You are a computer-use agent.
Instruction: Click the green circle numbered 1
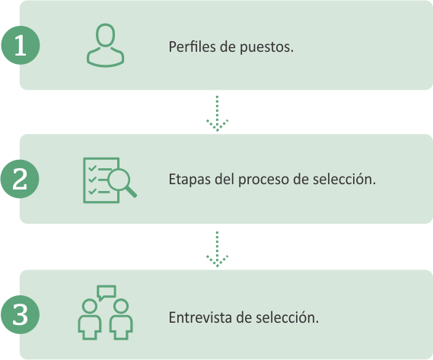(x=21, y=46)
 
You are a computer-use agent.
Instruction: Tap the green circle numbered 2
(x=20, y=179)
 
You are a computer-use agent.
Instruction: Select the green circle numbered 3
(x=20, y=314)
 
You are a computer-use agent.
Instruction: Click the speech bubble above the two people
(x=107, y=292)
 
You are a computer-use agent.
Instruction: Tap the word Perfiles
(x=193, y=46)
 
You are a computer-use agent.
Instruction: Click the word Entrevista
(x=200, y=317)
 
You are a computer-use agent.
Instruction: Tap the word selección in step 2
(x=344, y=179)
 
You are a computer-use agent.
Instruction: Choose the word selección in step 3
(x=287, y=317)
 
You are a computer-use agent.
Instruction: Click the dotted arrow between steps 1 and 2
(x=217, y=113)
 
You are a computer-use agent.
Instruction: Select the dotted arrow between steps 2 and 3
(x=217, y=249)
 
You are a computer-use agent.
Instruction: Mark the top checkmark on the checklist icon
(x=92, y=168)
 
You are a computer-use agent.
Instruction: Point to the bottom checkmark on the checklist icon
(x=92, y=190)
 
